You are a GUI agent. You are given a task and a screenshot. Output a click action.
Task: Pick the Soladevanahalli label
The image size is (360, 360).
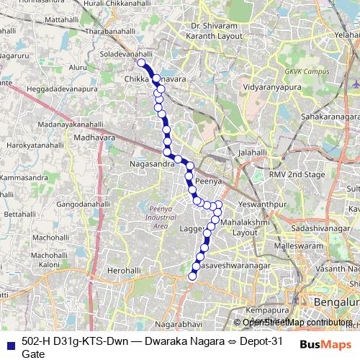(127, 54)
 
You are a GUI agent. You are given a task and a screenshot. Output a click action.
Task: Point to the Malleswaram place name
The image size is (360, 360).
(294, 246)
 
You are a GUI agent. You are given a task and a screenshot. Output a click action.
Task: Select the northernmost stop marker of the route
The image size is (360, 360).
(142, 63)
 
